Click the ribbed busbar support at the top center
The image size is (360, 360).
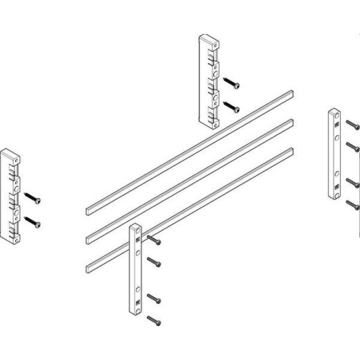click(x=210, y=81)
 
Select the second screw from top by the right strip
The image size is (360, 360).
click(x=352, y=147)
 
